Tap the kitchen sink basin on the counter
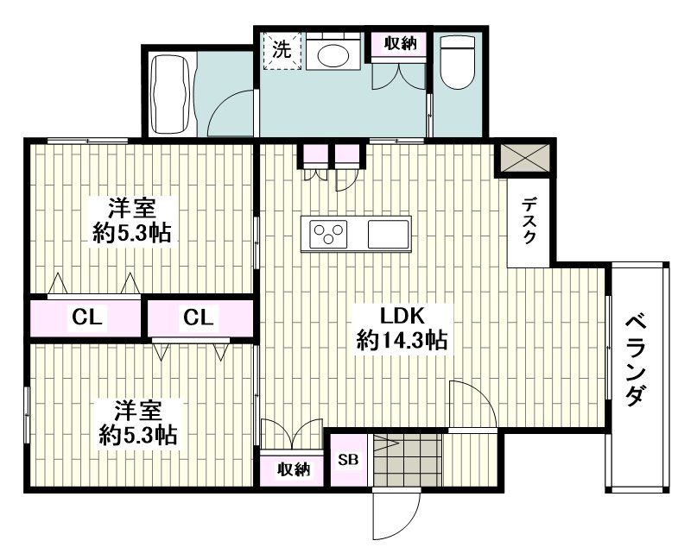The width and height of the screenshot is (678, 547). [388, 233]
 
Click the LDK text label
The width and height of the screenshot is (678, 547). [402, 315]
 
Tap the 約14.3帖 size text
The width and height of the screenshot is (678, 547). [402, 340]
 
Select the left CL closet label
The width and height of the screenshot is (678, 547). [86, 318]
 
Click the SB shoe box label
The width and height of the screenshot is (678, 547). [346, 459]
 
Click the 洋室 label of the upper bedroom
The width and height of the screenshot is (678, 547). [131, 208]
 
